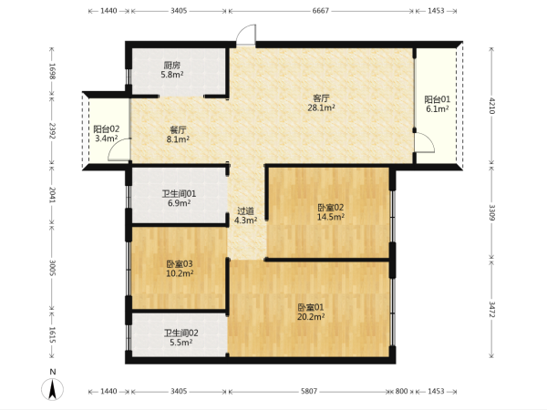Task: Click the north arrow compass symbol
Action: pos(53,389)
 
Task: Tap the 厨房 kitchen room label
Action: pos(172,66)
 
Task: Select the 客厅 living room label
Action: pos(321,98)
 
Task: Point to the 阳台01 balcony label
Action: pos(437,99)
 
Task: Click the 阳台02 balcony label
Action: pos(107,129)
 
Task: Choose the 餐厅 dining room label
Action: pos(178,130)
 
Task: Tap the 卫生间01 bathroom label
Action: pos(179,193)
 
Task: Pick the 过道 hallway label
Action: pos(245,211)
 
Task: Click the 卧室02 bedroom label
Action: pos(330,208)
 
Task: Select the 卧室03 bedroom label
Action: pos(180,264)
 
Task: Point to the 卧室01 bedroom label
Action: pos(311,308)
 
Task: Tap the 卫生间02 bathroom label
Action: pos(181,333)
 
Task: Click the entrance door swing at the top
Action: pos(246,35)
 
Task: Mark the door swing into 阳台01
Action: pos(425,142)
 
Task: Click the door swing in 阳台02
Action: pos(119,149)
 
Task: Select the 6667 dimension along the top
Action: pos(321,11)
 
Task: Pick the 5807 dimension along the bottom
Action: pos(309,391)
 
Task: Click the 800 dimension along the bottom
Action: pos(401,391)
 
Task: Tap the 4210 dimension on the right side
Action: pos(491,106)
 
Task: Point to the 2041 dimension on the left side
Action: pos(52,195)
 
